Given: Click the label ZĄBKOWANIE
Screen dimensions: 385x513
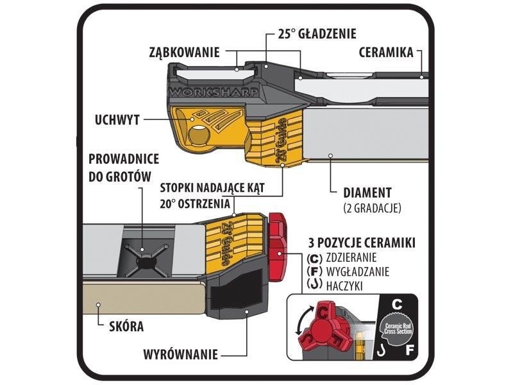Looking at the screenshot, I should coord(185,52).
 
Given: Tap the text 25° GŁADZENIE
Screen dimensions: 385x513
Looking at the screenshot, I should coord(317,33).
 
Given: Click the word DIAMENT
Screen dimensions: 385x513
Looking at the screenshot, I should coord(368,192).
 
